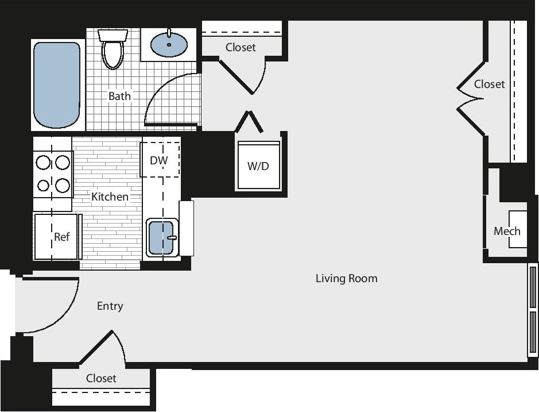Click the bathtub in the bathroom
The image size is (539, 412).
[56, 84]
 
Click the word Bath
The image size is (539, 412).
[119, 96]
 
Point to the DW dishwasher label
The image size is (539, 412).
[158, 160]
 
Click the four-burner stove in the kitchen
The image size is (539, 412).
[53, 174]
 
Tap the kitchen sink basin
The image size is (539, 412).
[161, 237]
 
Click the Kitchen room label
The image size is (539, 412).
[110, 197]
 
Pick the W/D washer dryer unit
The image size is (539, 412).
[258, 166]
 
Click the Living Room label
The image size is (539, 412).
[346, 279]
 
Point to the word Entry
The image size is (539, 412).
[110, 306]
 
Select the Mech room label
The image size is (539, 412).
[507, 231]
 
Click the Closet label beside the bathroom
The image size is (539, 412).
[241, 47]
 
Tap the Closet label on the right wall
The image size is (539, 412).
[489, 84]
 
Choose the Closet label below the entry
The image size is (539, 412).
[101, 378]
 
